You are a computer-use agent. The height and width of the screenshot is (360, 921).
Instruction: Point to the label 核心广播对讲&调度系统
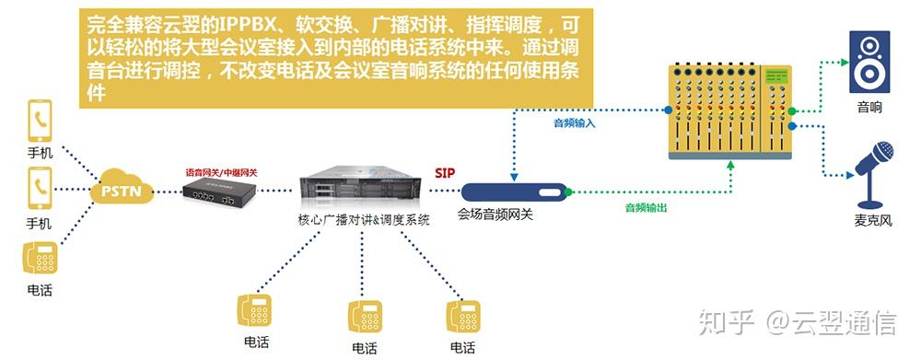[364, 221]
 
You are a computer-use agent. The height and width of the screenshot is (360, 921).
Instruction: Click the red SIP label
[445, 173]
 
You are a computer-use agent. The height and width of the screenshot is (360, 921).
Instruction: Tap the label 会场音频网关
[495, 215]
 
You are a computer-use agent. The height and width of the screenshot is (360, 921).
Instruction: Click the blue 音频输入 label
[575, 122]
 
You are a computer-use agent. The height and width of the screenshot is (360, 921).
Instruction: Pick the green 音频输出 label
[646, 208]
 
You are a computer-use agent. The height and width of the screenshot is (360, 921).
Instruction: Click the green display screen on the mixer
[779, 74]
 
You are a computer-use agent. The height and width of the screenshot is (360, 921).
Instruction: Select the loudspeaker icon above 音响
[869, 62]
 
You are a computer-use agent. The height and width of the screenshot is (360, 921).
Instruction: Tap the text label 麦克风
[869, 221]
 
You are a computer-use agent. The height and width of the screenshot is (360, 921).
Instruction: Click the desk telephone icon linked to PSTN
[39, 258]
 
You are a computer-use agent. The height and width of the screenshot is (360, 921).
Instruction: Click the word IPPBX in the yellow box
[255, 25]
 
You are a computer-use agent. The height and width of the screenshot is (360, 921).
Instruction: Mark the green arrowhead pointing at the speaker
[841, 62]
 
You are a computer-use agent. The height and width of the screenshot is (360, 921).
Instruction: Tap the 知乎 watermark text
[729, 323]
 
